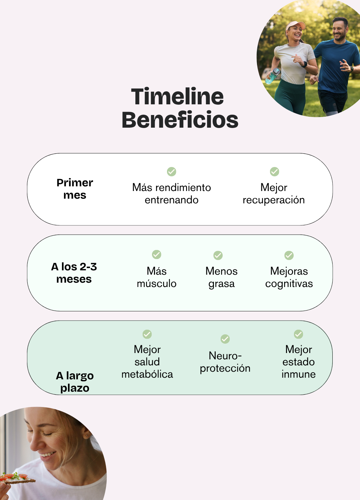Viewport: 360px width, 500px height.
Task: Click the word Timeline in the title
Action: [x=177, y=97]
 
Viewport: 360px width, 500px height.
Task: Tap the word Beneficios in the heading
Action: [x=180, y=120]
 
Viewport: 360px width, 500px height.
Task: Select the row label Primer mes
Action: [x=75, y=189]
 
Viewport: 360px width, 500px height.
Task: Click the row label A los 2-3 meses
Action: [x=74, y=273]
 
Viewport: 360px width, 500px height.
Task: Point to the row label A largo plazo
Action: [x=75, y=382]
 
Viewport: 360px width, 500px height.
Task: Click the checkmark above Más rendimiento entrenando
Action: [x=172, y=172]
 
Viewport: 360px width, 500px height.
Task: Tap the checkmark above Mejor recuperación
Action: [x=274, y=172]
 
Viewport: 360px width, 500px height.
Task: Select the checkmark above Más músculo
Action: [x=157, y=255]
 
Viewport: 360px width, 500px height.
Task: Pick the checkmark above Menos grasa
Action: [x=218, y=255]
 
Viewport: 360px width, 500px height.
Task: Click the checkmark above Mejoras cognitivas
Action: [x=289, y=255]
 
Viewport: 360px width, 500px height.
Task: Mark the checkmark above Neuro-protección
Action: [x=225, y=339]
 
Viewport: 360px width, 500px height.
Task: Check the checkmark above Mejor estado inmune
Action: [x=298, y=334]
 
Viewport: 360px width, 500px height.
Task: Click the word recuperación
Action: [x=274, y=200]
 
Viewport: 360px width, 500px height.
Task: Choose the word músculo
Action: [x=157, y=284]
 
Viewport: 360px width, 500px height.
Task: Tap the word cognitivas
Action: [x=289, y=284]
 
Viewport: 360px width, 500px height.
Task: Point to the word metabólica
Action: [x=147, y=374]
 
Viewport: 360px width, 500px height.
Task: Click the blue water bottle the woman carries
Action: [x=272, y=76]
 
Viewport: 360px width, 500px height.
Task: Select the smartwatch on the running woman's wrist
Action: [x=304, y=64]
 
